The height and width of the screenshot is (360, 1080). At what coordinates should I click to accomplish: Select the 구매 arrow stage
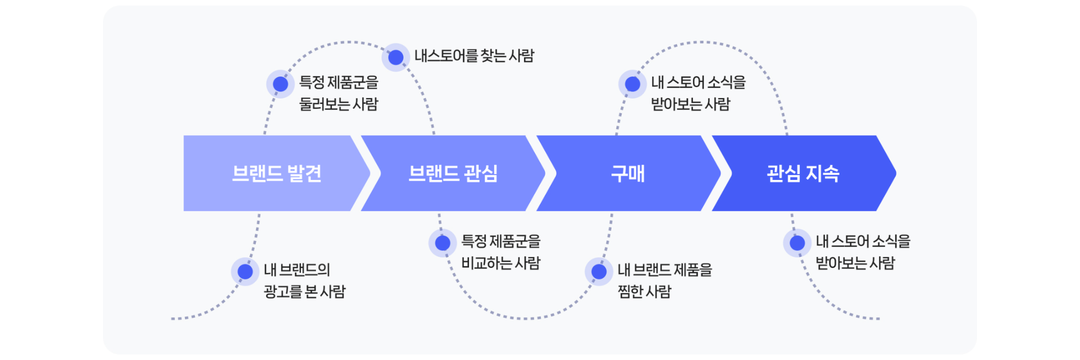628,173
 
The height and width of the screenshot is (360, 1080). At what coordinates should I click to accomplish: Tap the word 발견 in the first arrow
302,173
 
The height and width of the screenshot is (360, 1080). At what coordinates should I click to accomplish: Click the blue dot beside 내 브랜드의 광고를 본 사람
245,272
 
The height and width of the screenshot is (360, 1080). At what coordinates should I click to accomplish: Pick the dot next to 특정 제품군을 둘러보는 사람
280,84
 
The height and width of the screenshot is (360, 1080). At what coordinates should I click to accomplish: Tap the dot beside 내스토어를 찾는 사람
396,57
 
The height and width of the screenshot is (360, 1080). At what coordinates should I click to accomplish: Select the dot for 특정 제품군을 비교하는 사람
442,242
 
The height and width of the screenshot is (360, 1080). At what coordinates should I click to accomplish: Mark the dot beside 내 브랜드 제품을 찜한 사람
598,270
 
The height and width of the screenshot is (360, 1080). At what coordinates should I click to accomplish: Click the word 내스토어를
444,56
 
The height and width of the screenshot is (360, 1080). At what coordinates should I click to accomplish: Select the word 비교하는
488,263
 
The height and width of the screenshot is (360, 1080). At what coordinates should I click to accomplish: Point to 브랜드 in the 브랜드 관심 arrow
432,173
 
